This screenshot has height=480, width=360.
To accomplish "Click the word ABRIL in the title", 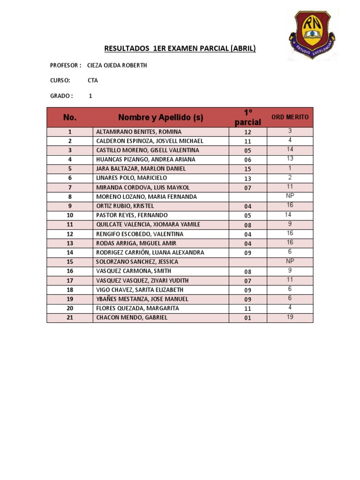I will point(242,48).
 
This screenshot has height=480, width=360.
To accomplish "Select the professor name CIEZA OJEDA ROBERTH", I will point(117,65).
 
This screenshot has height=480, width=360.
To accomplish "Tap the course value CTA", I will point(92,81).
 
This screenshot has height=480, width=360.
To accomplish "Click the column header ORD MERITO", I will point(290,117).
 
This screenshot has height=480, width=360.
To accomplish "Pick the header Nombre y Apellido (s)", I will point(160,117).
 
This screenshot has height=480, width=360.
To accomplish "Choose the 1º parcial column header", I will point(247,117).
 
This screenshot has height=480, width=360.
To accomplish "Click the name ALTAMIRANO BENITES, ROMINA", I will point(138,132).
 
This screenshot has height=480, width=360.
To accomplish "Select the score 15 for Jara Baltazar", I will point(247,169).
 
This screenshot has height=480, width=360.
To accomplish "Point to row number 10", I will point(70,215).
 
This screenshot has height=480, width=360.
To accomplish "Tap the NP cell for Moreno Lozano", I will point(290,196).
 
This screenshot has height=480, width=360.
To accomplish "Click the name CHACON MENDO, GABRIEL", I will point(131,318).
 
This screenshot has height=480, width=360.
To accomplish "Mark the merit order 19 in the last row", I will point(290,317).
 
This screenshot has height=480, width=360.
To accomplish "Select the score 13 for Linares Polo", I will point(247,179).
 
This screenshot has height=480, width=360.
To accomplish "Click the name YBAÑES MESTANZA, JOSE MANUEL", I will point(142,299).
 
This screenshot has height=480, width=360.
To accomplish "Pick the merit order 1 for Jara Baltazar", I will point(290,168).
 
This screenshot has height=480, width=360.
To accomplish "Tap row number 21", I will point(70,318).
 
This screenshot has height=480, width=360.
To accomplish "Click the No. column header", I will point(70,117).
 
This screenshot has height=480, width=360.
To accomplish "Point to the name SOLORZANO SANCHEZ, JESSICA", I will point(137,262).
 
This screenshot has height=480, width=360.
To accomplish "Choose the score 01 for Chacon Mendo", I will point(247,318).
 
